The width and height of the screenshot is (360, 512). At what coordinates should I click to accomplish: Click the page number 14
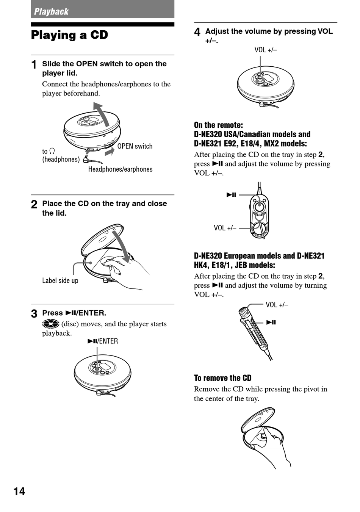click(x=19, y=491)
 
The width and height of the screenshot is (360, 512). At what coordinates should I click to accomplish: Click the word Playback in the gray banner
click(x=51, y=11)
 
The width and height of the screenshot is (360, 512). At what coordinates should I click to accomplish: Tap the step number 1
click(x=34, y=65)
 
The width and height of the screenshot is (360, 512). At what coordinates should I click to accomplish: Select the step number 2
click(x=34, y=204)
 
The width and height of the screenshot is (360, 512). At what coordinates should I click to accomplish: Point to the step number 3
click(x=34, y=313)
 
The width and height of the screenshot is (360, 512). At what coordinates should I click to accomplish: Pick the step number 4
click(x=197, y=32)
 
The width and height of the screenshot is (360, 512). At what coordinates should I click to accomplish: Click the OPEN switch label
click(x=135, y=146)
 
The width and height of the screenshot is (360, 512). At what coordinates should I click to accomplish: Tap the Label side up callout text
click(x=60, y=280)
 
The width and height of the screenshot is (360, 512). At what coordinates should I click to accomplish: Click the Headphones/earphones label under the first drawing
click(x=120, y=169)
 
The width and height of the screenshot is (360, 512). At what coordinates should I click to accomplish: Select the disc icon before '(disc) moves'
click(x=51, y=324)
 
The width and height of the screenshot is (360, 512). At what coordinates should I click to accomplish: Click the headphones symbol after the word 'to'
click(x=52, y=151)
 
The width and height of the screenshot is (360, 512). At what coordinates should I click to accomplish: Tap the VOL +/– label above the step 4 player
click(x=266, y=50)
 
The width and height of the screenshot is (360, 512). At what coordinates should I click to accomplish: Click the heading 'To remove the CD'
click(x=222, y=378)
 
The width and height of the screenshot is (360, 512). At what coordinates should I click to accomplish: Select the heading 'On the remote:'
click(x=218, y=125)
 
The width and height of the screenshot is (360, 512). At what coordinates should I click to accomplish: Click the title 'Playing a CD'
click(x=69, y=35)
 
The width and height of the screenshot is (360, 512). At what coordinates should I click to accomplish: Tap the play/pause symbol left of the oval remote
click(x=231, y=195)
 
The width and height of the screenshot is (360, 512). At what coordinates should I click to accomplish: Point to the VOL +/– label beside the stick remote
click(x=277, y=305)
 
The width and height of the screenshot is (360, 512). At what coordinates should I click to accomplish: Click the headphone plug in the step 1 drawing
click(x=87, y=159)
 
